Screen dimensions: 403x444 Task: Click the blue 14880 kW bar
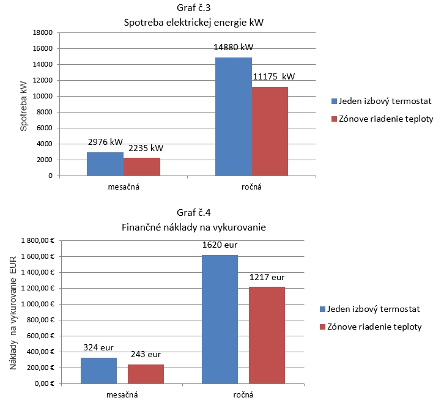click(x=233, y=116)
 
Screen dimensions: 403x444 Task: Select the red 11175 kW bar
click(x=270, y=131)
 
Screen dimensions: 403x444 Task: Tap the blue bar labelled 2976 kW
click(x=105, y=164)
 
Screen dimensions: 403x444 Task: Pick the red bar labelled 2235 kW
click(x=142, y=166)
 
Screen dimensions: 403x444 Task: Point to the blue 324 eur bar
click(x=99, y=371)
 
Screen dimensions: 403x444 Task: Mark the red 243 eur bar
click(x=146, y=374)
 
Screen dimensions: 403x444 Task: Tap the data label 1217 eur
click(x=267, y=277)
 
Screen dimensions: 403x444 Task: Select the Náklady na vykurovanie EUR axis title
click(x=13, y=312)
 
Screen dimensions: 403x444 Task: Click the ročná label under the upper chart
click(x=251, y=187)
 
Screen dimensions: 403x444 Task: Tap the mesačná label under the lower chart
click(x=122, y=395)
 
